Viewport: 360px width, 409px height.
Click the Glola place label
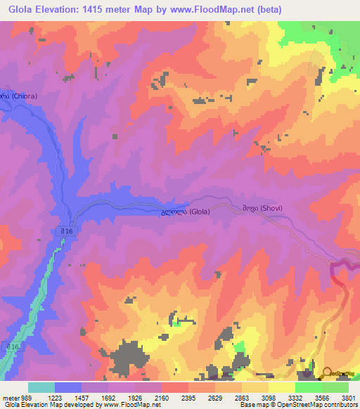(x=185, y=211)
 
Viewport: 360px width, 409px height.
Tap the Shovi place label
(x=261, y=208)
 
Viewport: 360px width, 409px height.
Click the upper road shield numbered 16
(x=65, y=231)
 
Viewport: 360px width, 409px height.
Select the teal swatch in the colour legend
(x=41, y=387)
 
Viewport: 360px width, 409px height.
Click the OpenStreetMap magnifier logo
(x=327, y=373)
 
